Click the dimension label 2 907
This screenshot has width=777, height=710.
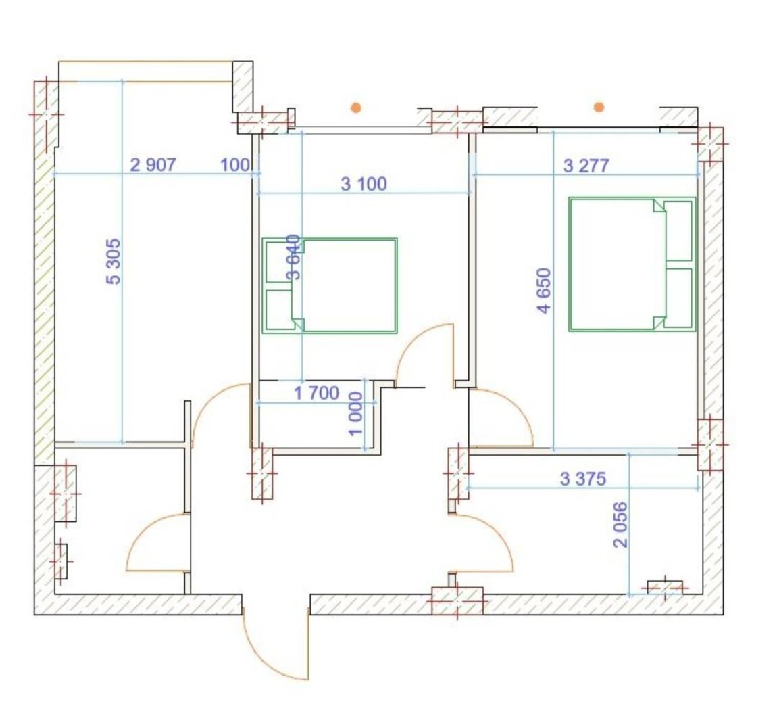pyautogui.click(x=153, y=164)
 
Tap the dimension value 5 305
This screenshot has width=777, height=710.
pyautogui.click(x=114, y=261)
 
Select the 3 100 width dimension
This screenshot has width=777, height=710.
pyautogui.click(x=364, y=184)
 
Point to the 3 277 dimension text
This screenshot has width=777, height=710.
pyautogui.click(x=586, y=166)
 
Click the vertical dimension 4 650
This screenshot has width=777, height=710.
pyautogui.click(x=544, y=291)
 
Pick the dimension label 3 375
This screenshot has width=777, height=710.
pyautogui.click(x=582, y=479)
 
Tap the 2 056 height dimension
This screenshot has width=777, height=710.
pyautogui.click(x=620, y=525)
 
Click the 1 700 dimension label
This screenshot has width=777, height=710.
pyautogui.click(x=317, y=393)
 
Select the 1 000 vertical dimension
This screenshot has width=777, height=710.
pyautogui.click(x=356, y=414)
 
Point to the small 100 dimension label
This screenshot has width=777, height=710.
pyautogui.click(x=235, y=164)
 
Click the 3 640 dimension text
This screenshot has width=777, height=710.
pyautogui.click(x=294, y=257)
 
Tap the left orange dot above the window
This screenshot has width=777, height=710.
pyautogui.click(x=356, y=107)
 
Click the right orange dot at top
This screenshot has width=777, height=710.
pyautogui.click(x=599, y=107)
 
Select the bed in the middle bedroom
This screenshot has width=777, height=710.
pyautogui.click(x=330, y=285)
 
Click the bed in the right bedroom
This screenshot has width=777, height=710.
pyautogui.click(x=632, y=264)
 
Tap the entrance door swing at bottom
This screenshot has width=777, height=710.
pyautogui.click(x=270, y=659)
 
